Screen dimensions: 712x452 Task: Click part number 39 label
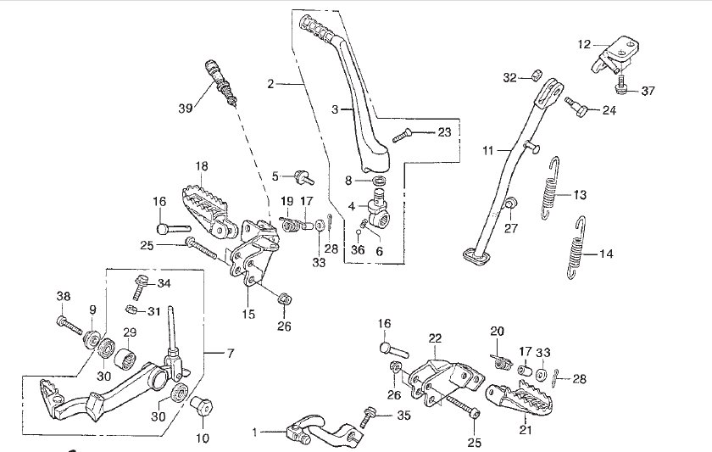(x=186, y=108)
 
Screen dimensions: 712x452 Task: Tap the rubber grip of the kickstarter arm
(x=317, y=30)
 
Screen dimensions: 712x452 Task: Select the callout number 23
(x=444, y=132)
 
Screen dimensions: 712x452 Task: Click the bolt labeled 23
(x=402, y=136)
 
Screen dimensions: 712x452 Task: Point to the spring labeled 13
(x=551, y=187)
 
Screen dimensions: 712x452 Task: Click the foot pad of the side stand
(x=476, y=256)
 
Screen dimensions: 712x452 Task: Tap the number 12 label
(x=584, y=44)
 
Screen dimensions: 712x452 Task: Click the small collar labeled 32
(x=537, y=75)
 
